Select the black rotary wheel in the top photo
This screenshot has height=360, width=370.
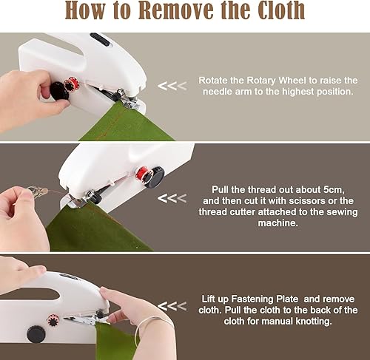pos(59,92)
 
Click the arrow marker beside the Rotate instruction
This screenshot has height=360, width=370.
pos(171,86)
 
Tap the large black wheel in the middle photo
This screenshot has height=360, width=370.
pos(154,177)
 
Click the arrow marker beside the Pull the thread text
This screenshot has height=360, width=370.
pos(171,198)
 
